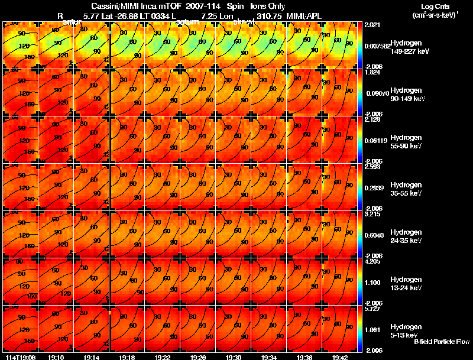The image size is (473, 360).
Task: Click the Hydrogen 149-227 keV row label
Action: (409, 47)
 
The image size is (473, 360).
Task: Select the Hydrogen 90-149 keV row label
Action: (409, 95)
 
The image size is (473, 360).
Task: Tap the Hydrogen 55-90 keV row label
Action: (409, 142)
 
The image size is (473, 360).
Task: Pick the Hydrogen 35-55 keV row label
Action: (409, 189)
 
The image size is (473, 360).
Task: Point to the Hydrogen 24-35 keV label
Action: (409, 236)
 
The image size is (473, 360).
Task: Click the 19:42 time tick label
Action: (339, 357)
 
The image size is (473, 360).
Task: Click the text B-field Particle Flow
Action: (442, 342)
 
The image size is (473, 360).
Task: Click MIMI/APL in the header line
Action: (304, 15)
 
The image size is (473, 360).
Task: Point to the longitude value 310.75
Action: (264, 15)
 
